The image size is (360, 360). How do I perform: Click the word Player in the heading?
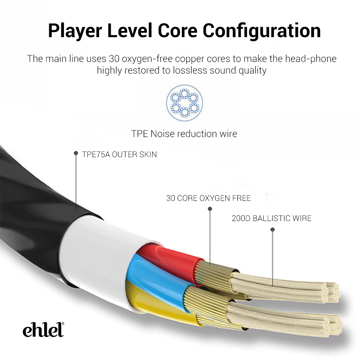click(75, 31)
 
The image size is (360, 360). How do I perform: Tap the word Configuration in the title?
click(262, 31)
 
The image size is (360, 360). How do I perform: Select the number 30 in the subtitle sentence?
click(114, 59)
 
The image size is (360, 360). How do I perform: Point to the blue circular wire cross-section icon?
click(184, 103)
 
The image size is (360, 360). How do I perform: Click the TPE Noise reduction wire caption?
click(184, 134)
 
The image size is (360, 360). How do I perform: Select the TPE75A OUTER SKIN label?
click(119, 154)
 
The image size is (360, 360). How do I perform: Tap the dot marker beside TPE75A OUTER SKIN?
click(76, 153)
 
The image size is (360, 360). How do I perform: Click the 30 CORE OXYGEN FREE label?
click(208, 198)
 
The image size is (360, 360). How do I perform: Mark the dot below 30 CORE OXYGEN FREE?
click(210, 209)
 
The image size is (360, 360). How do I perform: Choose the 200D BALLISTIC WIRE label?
click(271, 218)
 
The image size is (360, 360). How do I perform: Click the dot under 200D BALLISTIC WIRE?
click(273, 230)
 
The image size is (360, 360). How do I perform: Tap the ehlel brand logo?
click(43, 329)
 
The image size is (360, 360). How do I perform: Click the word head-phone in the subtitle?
click(310, 59)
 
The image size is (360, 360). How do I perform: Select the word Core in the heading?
click(177, 31)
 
